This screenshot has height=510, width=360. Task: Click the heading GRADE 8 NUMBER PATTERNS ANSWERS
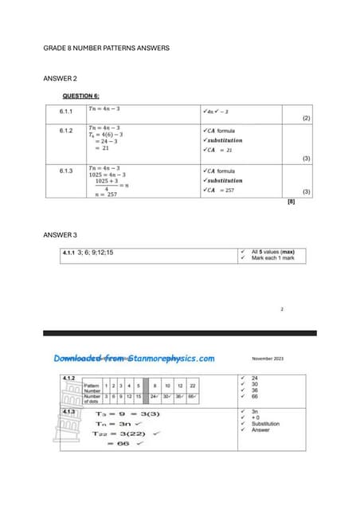tap(105, 49)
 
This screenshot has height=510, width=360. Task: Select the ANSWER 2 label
tap(60, 79)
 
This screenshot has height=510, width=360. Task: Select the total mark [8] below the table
tap(292, 202)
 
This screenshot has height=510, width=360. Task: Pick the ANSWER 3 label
tap(60, 235)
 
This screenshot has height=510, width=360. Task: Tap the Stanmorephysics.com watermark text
tap(135, 358)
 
